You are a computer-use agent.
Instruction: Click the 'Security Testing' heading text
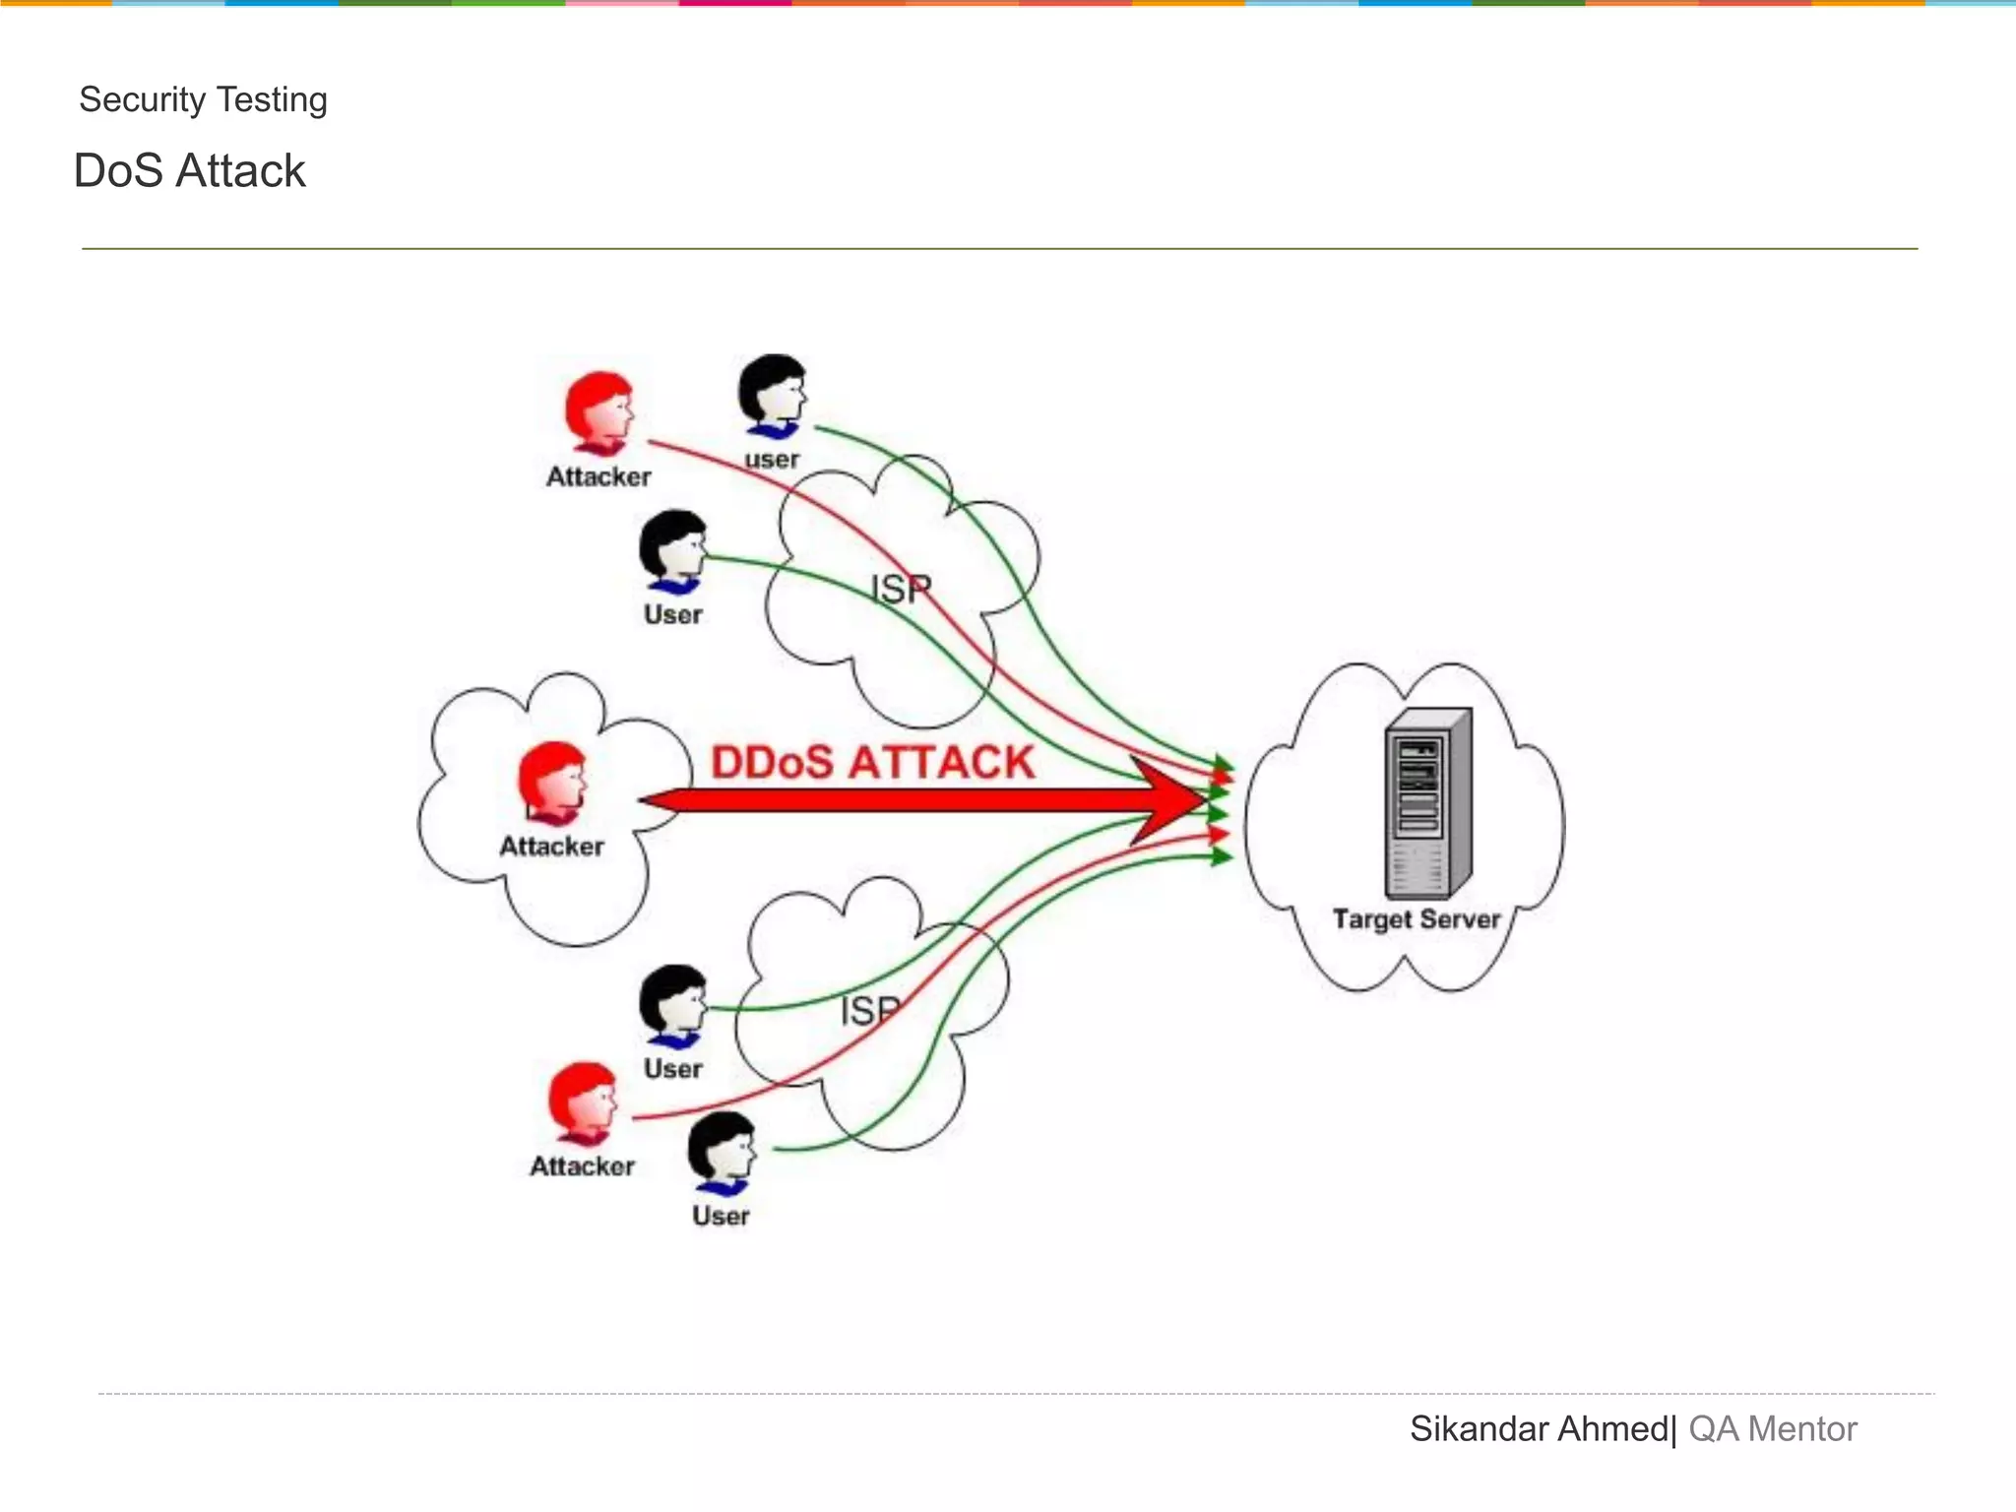(x=203, y=99)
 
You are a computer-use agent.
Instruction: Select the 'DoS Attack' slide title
(x=189, y=170)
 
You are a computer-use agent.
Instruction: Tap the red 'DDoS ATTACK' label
(x=872, y=763)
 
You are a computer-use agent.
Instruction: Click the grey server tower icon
(x=1427, y=802)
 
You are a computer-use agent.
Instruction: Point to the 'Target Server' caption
(x=1416, y=918)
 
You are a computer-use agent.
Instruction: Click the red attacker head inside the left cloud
(x=552, y=782)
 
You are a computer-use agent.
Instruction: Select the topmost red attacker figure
(x=598, y=412)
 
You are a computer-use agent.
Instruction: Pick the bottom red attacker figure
(x=583, y=1102)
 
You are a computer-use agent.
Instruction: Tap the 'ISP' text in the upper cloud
(x=901, y=589)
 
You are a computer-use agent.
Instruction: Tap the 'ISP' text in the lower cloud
(x=871, y=1010)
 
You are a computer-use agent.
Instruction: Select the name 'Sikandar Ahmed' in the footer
(x=1539, y=1428)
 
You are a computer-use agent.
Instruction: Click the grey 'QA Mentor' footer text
(x=1772, y=1428)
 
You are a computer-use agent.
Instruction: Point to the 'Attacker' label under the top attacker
(x=598, y=476)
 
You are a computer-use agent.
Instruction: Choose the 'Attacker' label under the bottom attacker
(x=583, y=1166)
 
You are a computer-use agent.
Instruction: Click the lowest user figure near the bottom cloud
(x=722, y=1153)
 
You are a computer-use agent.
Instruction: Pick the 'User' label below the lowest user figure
(x=721, y=1216)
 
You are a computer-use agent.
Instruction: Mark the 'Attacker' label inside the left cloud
(x=551, y=847)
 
